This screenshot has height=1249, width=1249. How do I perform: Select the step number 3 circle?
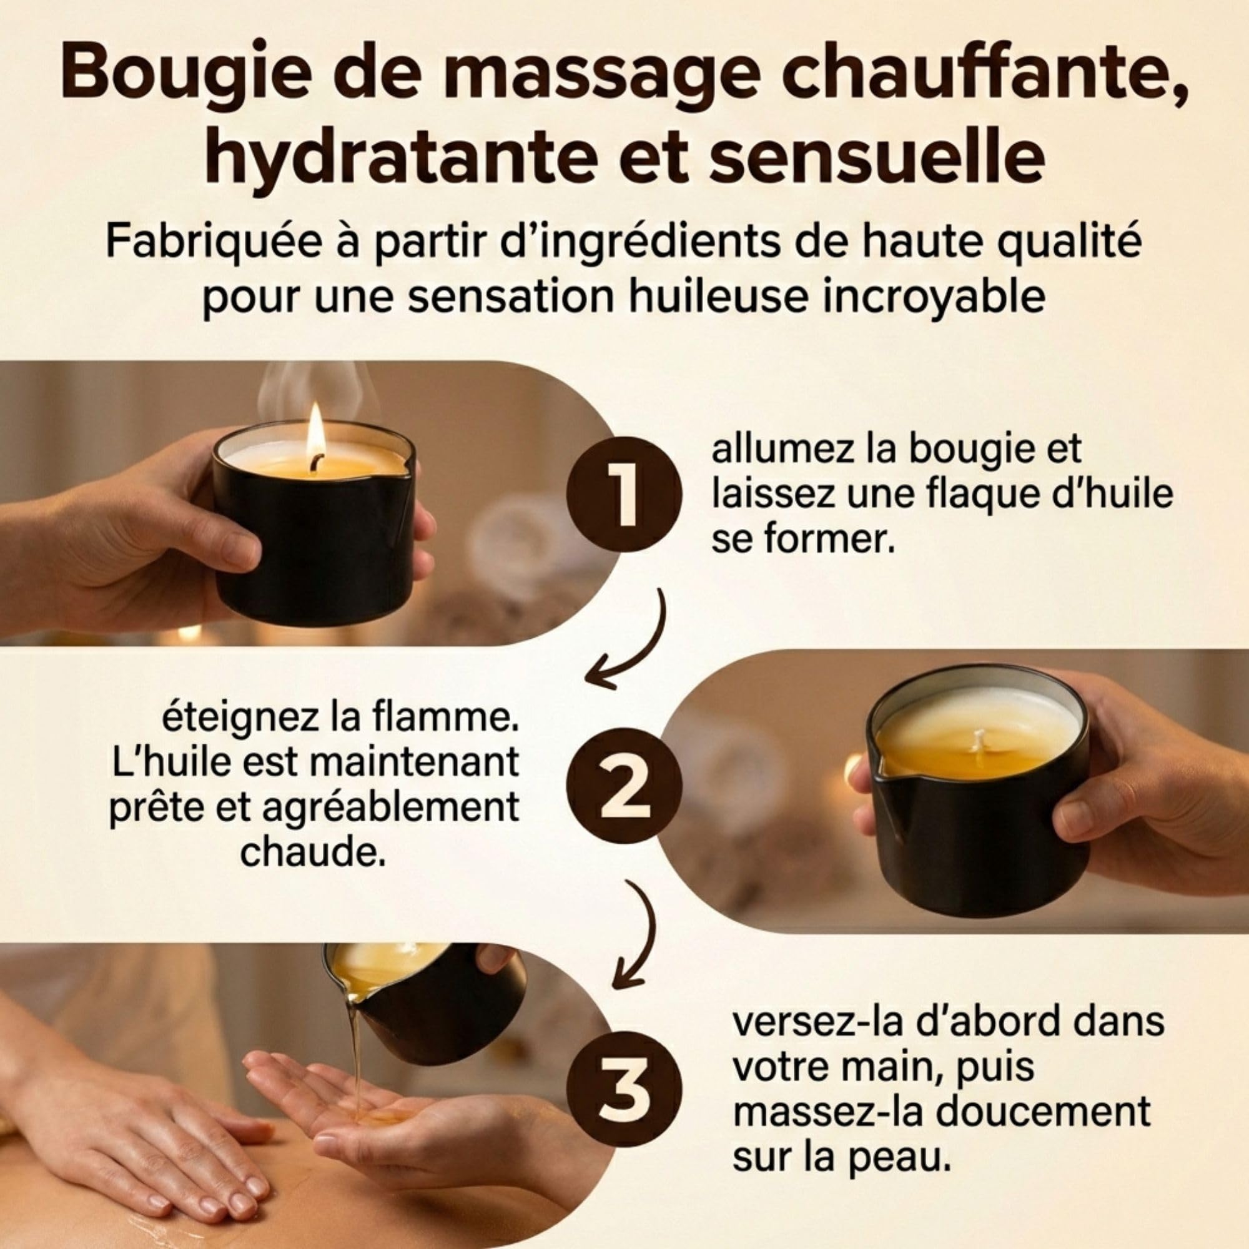624,1088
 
